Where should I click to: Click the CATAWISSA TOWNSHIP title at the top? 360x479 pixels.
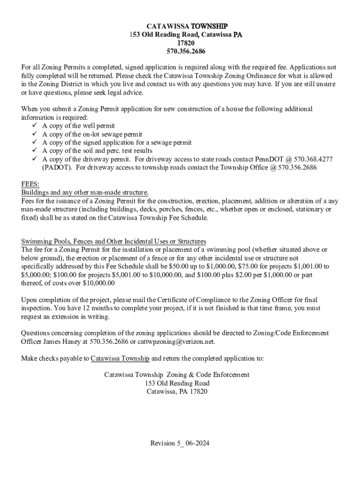(x=180, y=26)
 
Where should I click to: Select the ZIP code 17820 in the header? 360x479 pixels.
(x=180, y=43)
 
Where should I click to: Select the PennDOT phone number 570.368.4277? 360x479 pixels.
(x=313, y=160)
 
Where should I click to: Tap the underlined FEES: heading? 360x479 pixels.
(x=30, y=184)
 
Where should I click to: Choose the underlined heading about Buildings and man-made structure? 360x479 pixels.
(x=85, y=193)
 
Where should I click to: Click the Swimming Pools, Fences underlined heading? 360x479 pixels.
(x=114, y=242)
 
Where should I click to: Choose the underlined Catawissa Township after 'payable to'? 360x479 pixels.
(x=120, y=359)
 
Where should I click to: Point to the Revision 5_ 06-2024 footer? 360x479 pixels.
(x=180, y=443)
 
